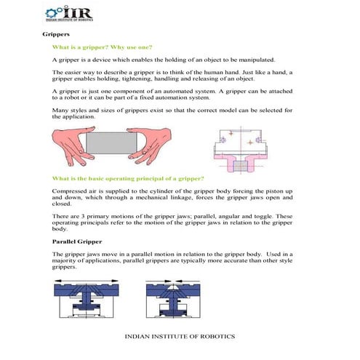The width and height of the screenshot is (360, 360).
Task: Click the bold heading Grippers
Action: (x=55, y=34)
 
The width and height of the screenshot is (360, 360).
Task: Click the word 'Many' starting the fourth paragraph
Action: (x=60, y=110)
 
